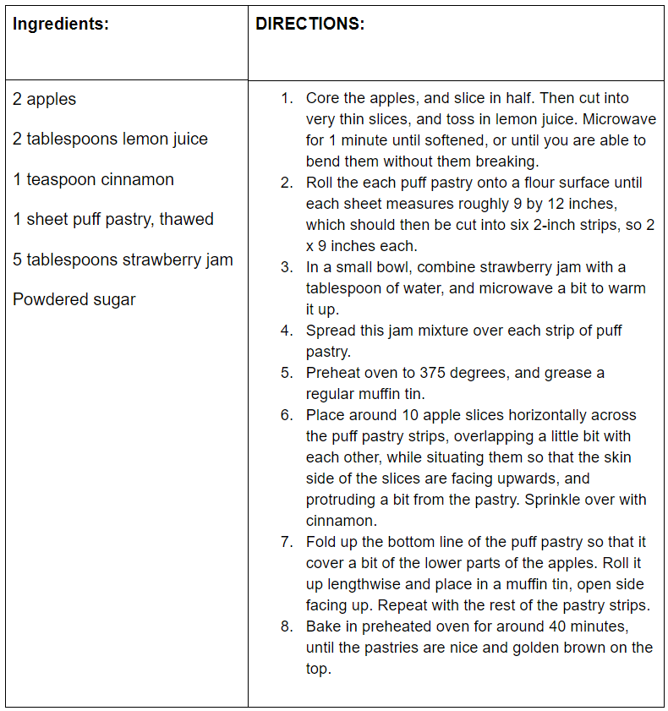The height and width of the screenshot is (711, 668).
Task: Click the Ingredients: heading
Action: point(61,24)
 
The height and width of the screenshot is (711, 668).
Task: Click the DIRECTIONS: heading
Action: point(309,24)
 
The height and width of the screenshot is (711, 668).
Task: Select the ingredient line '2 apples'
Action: point(44,99)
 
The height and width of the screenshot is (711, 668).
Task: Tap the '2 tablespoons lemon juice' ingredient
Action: point(110,139)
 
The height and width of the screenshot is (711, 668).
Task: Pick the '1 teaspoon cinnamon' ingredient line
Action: point(93,179)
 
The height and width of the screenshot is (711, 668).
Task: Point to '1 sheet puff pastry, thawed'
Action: point(113,219)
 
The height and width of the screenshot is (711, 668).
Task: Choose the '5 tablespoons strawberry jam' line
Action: point(123,260)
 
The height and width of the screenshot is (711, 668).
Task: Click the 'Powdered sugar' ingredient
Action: point(74,299)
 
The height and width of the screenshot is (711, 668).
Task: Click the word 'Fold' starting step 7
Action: point(321,542)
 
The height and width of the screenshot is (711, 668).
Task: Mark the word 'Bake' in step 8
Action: point(323,626)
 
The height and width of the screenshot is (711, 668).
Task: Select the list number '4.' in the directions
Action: point(287,331)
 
